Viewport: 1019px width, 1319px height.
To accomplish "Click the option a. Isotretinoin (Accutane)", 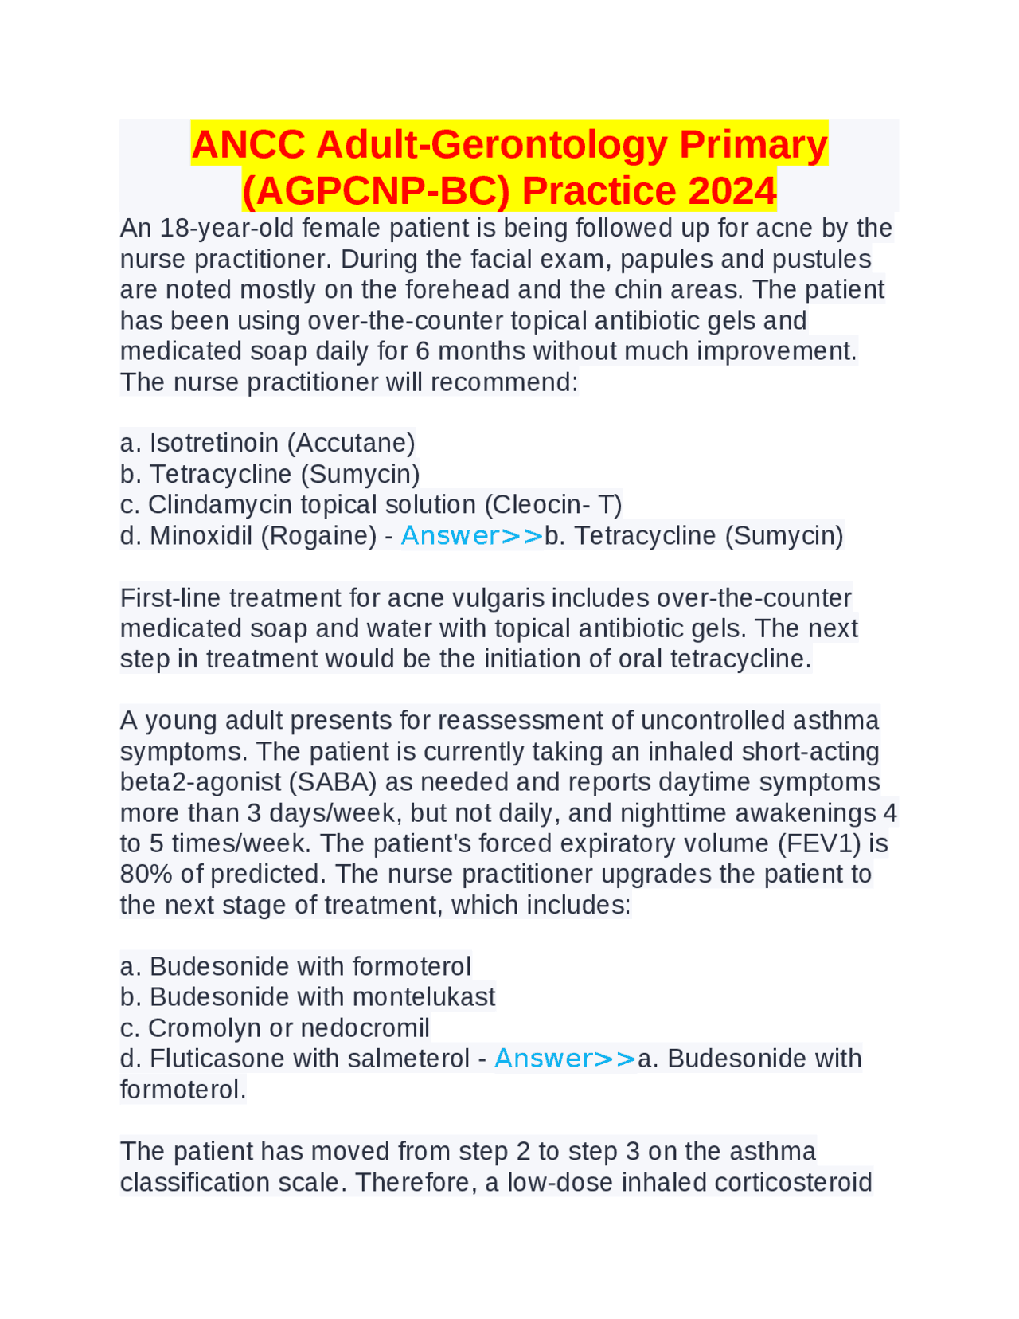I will click(x=267, y=443).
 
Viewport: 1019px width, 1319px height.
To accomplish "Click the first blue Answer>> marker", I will click(x=472, y=535).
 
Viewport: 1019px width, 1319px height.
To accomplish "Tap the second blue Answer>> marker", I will click(x=565, y=1059).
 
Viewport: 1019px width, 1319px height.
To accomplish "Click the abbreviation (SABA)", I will click(x=332, y=782).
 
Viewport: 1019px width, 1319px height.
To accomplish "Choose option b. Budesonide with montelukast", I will click(x=307, y=997).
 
